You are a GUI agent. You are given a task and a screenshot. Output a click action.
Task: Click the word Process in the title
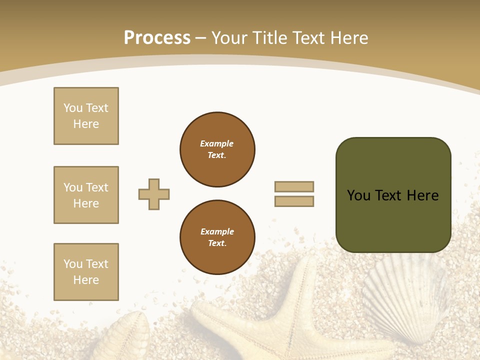click(x=157, y=38)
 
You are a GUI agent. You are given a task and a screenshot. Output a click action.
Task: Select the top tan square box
click(x=86, y=116)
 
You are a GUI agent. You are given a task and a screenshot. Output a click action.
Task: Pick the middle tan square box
click(x=86, y=195)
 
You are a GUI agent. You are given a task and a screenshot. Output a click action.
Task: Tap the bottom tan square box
click(x=86, y=272)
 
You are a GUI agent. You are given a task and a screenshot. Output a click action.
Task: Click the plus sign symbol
click(x=154, y=194)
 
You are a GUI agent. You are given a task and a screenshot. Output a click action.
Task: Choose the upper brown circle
click(x=217, y=149)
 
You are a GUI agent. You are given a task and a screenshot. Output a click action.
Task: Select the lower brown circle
click(x=217, y=237)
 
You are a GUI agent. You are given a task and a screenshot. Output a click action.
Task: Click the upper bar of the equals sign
click(x=294, y=186)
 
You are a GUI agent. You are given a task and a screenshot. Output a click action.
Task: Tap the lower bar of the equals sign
click(x=294, y=201)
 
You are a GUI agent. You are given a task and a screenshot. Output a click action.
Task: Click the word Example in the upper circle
click(x=216, y=143)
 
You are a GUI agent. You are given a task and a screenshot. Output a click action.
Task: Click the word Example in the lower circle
click(x=217, y=231)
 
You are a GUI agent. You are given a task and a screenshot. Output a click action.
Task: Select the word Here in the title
click(x=348, y=38)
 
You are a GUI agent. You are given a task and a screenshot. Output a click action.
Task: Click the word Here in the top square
click(x=86, y=124)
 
